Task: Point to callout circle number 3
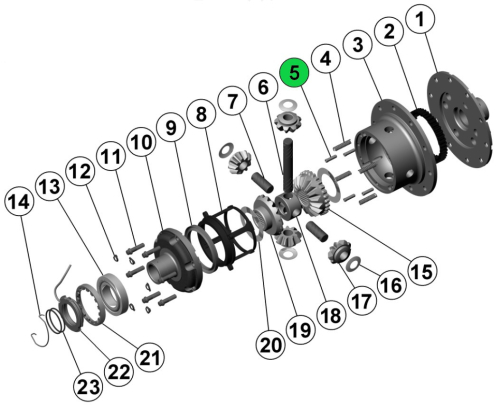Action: click(355, 44)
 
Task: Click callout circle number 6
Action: click(264, 88)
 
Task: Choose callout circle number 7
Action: click(233, 101)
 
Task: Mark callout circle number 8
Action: click(202, 115)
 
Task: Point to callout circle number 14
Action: click(19, 201)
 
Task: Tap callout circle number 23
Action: click(88, 384)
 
